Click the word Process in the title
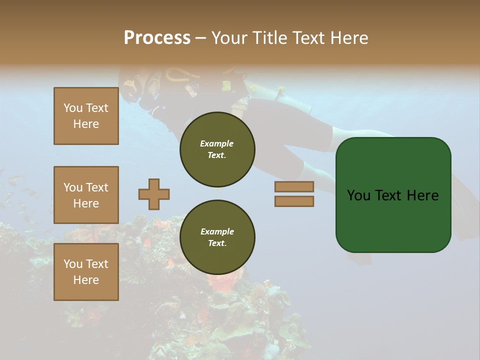tap(157, 38)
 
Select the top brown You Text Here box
tap(86, 116)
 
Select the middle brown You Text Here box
tap(86, 195)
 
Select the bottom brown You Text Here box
tap(86, 272)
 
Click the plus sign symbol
tap(154, 194)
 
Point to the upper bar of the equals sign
tap(294, 186)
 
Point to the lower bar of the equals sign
tap(294, 201)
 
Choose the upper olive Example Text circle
tap(217, 149)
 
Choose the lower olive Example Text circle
tap(217, 237)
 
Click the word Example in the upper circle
tap(216, 143)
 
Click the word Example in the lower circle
tap(217, 231)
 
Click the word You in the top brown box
tap(73, 108)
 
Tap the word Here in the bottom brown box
tap(86, 280)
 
